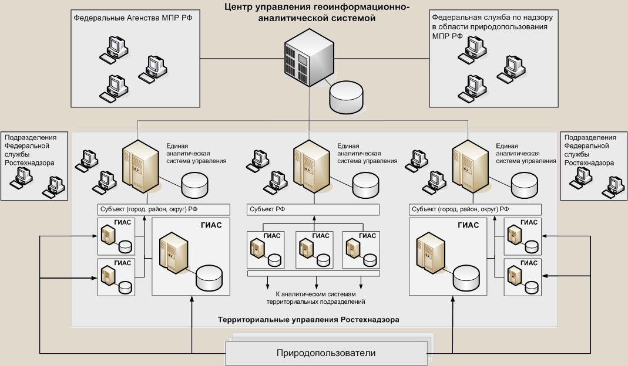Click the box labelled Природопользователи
[x=326, y=353]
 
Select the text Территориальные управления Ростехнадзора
[x=308, y=320]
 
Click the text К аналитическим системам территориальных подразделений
[x=316, y=297]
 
